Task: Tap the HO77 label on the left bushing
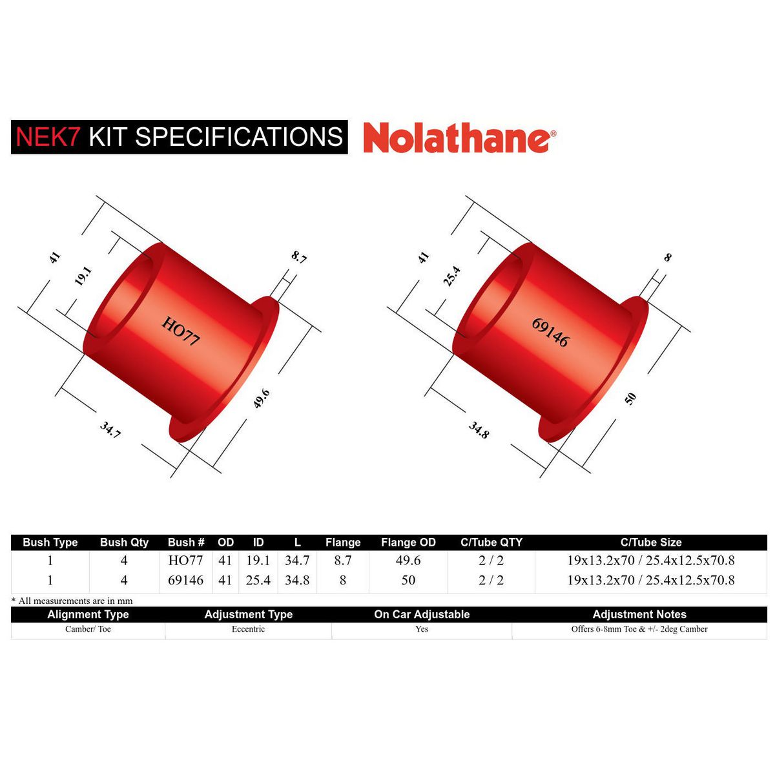(181, 330)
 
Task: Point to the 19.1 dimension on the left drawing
(83, 276)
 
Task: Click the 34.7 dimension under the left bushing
(110, 429)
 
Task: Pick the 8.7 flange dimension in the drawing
(299, 257)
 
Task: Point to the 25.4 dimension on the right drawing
(451, 276)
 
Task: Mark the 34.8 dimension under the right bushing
(479, 430)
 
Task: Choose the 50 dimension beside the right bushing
(631, 398)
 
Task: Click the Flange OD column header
(408, 542)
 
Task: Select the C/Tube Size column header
(650, 542)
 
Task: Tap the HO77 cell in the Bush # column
(185, 561)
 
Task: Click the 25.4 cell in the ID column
(258, 580)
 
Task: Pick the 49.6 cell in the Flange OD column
(408, 561)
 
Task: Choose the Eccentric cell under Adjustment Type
(248, 629)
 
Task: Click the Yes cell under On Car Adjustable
(422, 629)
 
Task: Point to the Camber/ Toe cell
(88, 629)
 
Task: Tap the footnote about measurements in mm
(72, 601)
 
